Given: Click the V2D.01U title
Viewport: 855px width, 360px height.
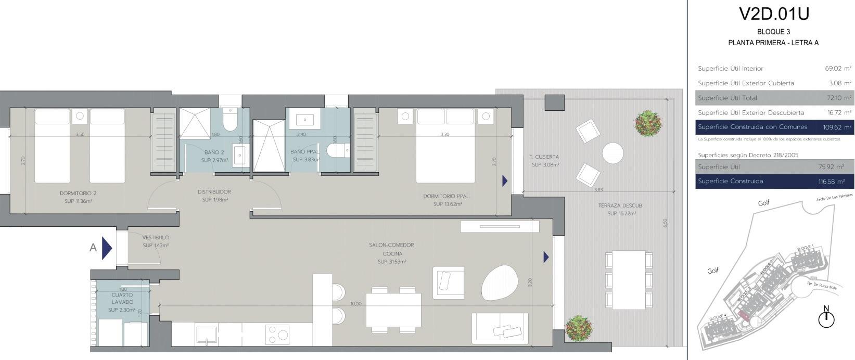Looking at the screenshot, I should point(773,14).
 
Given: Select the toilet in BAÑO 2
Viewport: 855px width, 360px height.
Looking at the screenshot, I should point(229,120).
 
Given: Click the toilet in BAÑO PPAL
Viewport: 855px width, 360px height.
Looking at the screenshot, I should point(337,150).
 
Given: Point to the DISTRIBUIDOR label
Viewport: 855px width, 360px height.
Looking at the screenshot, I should point(214,195).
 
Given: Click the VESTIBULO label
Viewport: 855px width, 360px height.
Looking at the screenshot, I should point(156,241).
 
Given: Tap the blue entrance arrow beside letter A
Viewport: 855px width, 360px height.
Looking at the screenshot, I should point(107,248).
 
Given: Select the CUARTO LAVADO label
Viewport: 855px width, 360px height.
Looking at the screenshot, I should point(122,302).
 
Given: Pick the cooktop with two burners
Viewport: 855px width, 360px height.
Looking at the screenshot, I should point(278,334).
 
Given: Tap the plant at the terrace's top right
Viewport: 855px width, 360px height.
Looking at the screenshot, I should point(648,123).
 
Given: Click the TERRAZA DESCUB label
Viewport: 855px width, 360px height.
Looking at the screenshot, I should point(620,209).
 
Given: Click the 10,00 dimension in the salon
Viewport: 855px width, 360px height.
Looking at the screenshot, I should point(356,303).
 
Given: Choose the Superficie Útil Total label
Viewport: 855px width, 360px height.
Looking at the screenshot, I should point(728,98).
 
